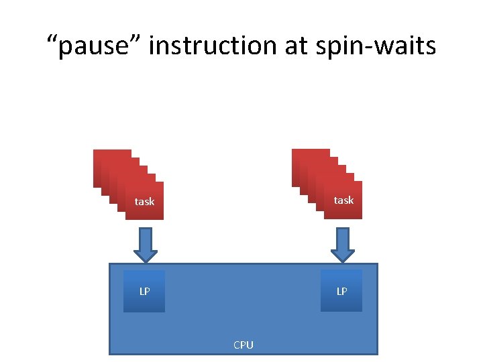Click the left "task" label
click(144, 201)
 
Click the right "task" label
click(343, 200)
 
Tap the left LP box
click(144, 291)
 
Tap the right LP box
click(341, 291)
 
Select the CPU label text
click(243, 345)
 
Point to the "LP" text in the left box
click(144, 292)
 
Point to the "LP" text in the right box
click(341, 292)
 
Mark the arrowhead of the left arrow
click(145, 255)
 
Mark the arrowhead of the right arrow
click(343, 255)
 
